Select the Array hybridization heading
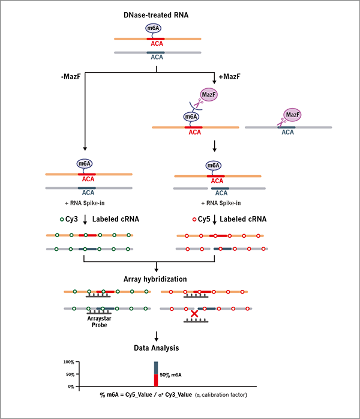coord(157,279)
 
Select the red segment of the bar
coord(156,380)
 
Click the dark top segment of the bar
coord(156,367)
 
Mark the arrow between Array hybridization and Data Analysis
coord(157,336)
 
